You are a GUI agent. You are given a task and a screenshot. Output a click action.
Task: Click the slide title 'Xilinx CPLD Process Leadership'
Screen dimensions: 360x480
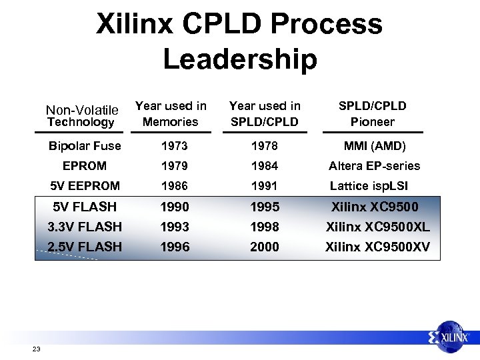[x=239, y=41]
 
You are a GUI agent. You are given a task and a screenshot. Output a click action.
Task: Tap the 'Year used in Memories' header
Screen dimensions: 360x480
[x=171, y=113]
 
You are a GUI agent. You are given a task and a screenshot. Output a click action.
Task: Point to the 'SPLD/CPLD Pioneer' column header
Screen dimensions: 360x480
[x=372, y=113]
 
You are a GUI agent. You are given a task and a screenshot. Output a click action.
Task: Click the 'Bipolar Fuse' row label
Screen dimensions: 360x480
[x=85, y=146]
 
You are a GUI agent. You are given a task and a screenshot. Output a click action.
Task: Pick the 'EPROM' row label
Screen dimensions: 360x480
[x=85, y=166]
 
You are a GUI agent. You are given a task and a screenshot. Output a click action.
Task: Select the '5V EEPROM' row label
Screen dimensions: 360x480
[x=85, y=186]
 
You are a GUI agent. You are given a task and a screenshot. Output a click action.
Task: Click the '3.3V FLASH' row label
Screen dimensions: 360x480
[x=85, y=227]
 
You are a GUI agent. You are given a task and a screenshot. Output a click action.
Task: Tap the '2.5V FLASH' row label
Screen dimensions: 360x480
[x=85, y=247]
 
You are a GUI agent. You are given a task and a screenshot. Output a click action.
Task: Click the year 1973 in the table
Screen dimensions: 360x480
[x=175, y=146]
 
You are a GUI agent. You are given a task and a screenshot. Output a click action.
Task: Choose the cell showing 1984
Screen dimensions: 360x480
[x=264, y=166]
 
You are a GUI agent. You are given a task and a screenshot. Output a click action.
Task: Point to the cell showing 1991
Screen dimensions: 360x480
[x=264, y=186]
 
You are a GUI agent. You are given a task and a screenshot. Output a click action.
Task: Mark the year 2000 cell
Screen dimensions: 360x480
[x=264, y=247]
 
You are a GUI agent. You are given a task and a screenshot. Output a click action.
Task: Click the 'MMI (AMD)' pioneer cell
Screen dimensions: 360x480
[x=374, y=146]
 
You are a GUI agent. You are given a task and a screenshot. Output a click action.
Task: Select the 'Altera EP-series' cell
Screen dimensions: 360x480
[x=374, y=166]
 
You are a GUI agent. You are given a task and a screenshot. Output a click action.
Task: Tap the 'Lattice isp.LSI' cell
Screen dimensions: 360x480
[x=369, y=186]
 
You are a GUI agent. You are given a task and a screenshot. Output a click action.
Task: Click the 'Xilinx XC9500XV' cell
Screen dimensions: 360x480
[x=377, y=247]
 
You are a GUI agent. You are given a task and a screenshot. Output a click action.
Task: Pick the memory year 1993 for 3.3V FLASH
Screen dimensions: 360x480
[x=175, y=227]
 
